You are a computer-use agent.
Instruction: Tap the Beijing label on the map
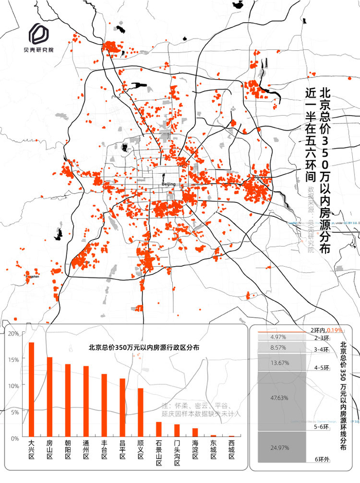coord(168,184)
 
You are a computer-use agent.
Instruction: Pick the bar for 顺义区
coord(140,412)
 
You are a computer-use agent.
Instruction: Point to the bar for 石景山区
coord(159,430)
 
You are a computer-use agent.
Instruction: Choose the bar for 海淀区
coord(195,433)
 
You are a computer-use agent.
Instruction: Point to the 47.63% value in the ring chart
coord(278,398)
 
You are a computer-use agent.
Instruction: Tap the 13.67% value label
coord(278,363)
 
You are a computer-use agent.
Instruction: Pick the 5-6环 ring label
coord(321,426)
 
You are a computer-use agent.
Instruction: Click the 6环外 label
coord(321,459)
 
